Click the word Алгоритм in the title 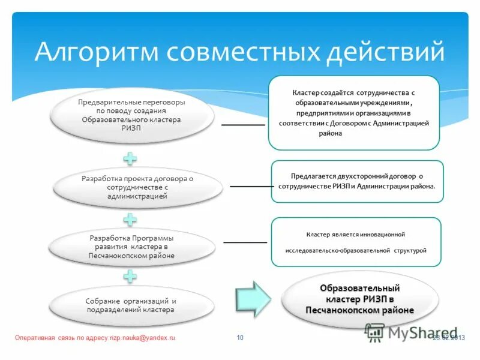point(97,52)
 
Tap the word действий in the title point(384,52)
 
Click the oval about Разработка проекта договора point(137,187)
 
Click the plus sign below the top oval point(130,159)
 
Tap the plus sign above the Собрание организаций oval point(130,277)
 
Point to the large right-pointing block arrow point(253,298)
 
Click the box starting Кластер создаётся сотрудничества point(354,113)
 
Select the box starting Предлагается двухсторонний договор point(358,181)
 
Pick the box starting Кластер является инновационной point(356,242)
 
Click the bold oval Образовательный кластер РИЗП point(359,299)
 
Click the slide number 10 point(240,338)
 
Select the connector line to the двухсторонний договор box point(251,186)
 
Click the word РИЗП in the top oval point(131,128)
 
